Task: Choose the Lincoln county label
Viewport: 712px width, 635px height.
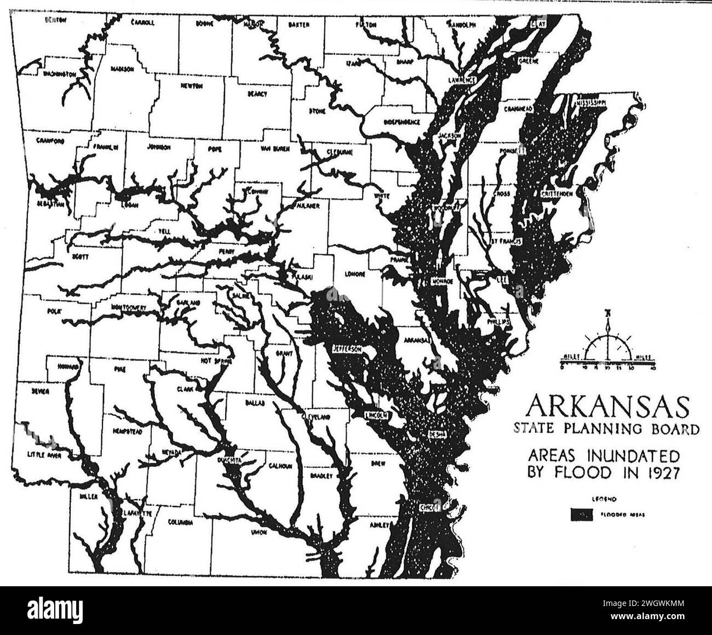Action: coord(377,415)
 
